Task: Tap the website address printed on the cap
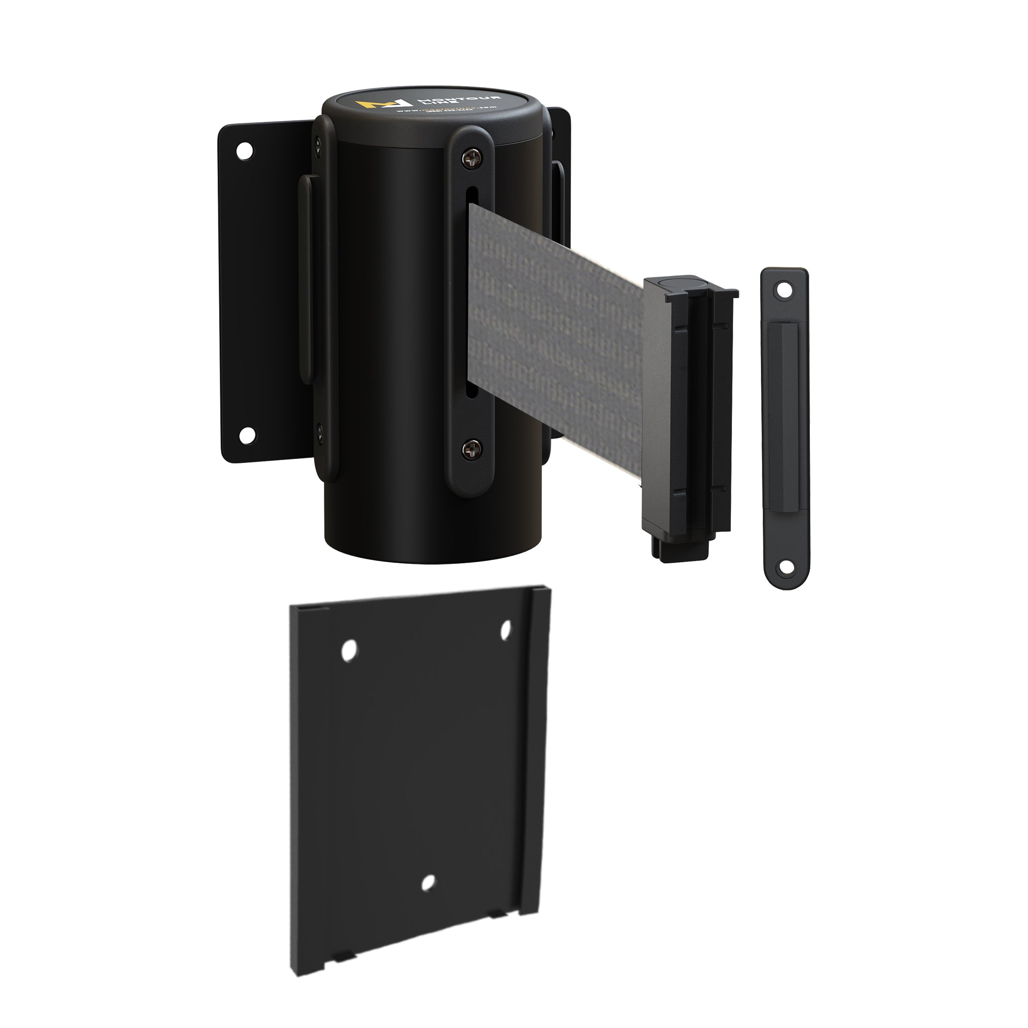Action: pos(447,109)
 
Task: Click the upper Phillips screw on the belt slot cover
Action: pos(470,157)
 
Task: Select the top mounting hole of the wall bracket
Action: pos(245,150)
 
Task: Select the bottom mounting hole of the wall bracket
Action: pos(245,435)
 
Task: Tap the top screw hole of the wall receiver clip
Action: pos(783,291)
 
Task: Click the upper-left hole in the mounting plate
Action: pos(349,651)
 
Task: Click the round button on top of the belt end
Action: pos(682,283)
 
